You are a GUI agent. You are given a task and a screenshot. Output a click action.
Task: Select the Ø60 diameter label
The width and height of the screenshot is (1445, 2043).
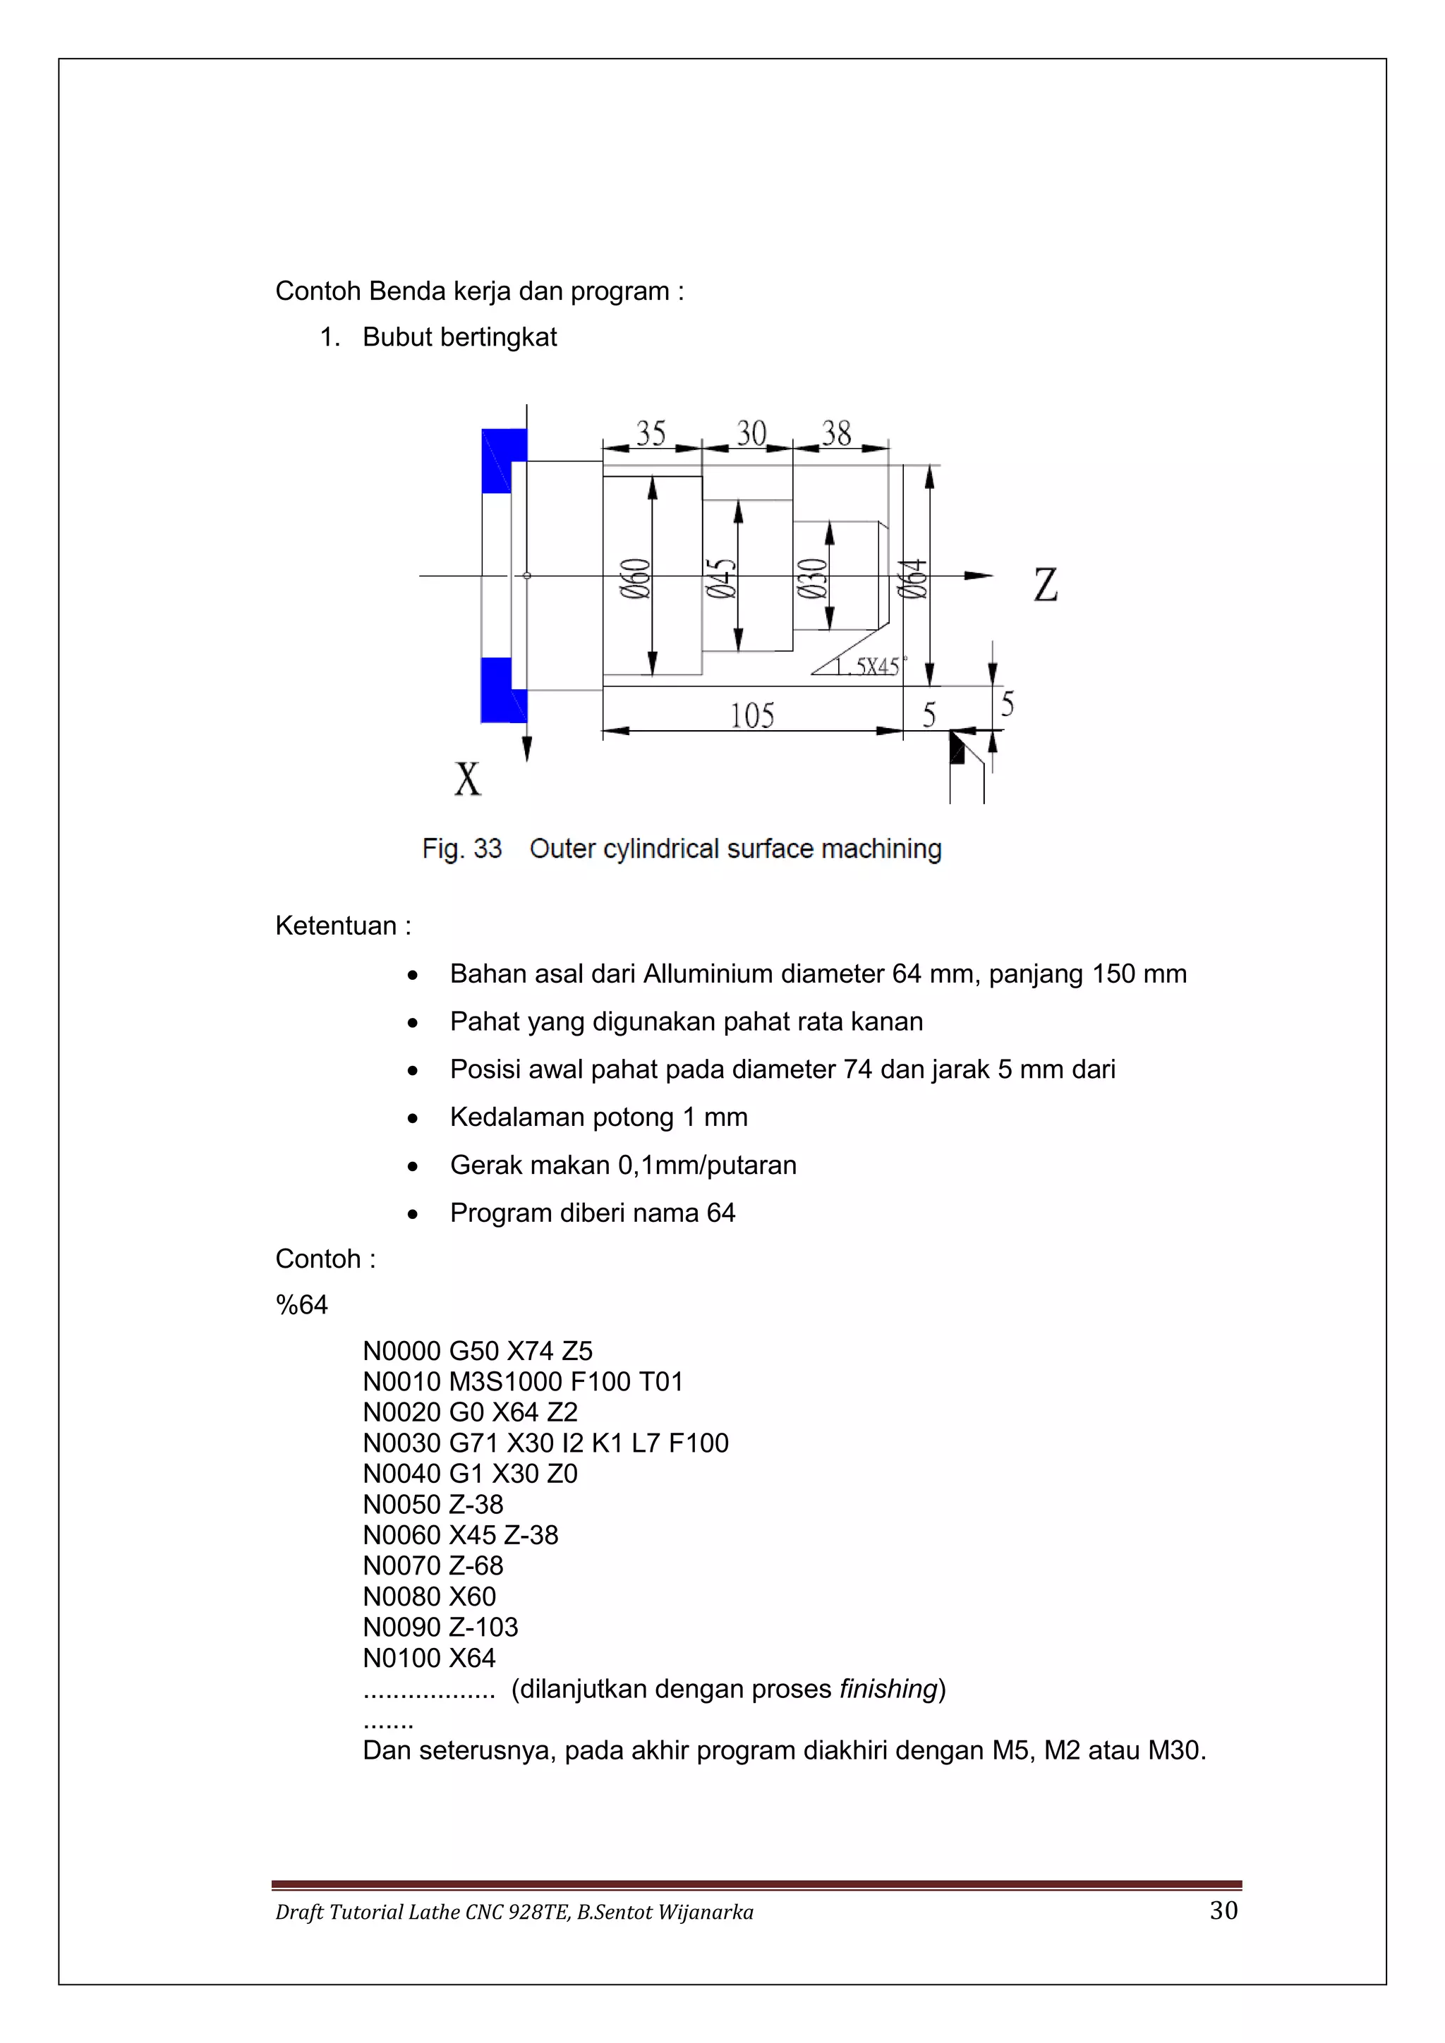[635, 578]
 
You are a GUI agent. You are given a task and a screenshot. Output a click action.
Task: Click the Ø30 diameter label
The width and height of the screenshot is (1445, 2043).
[811, 578]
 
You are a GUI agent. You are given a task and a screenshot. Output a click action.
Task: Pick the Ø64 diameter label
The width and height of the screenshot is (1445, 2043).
[913, 578]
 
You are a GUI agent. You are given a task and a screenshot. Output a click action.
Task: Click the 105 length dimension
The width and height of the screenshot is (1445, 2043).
[752, 715]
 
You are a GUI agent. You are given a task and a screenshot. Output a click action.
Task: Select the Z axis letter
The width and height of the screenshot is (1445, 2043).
[1046, 585]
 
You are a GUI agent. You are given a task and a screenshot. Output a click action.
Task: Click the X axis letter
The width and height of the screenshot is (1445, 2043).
[468, 779]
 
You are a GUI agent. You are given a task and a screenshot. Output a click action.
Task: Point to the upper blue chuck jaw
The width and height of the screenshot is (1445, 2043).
[503, 461]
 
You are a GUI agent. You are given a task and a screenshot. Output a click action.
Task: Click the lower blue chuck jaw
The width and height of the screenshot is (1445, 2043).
[503, 691]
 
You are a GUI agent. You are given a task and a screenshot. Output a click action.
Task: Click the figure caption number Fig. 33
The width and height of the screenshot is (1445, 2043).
[462, 849]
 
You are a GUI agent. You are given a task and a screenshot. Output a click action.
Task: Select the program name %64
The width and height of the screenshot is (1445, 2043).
[302, 1305]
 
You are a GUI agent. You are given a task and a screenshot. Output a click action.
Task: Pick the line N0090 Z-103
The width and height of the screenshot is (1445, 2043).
[440, 1627]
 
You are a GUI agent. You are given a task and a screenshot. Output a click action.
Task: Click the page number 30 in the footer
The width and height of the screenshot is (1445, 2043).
[1223, 1910]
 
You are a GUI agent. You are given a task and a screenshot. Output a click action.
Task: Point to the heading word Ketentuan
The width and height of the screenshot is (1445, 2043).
[337, 926]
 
